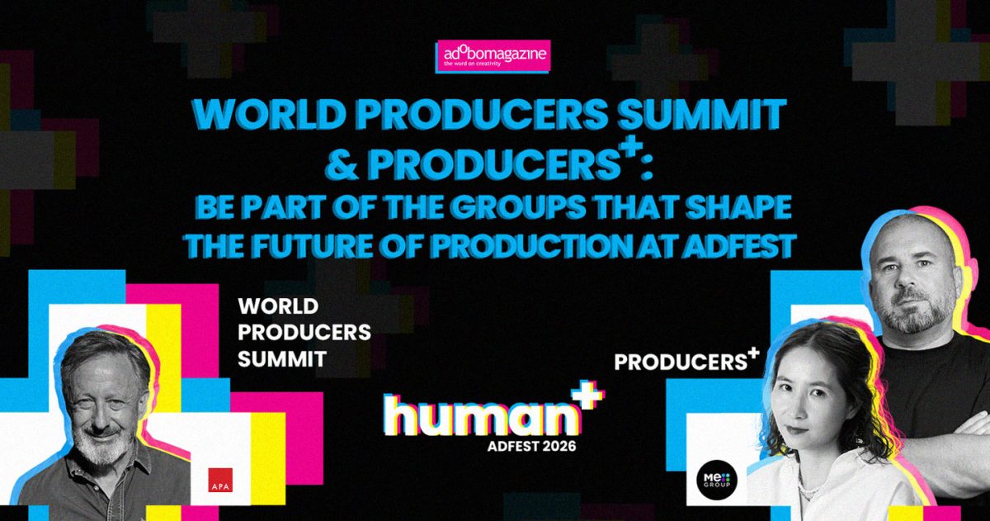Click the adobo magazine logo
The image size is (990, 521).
click(493, 56)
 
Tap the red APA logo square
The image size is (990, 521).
click(220, 480)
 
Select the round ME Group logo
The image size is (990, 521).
click(716, 480)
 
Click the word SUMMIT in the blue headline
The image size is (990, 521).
click(701, 114)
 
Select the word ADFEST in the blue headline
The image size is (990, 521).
click(738, 245)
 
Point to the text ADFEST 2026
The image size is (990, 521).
click(531, 446)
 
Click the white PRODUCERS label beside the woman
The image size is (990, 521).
click(681, 362)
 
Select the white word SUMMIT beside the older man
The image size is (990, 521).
click(282, 358)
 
